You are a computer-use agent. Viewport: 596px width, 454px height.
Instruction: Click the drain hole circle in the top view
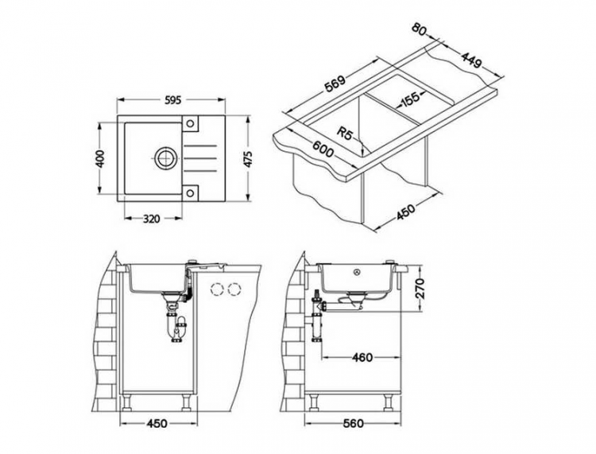165,157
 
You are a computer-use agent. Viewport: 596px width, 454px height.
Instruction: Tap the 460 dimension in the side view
361,358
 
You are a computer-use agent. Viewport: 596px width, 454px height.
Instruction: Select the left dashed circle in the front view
217,289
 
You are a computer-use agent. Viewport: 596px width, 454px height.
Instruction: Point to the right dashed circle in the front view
234,289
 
